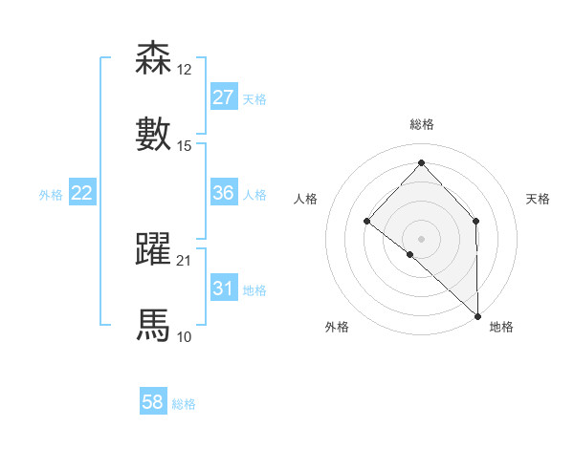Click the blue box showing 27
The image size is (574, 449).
[x=223, y=97]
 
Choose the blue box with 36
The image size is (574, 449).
[x=223, y=193]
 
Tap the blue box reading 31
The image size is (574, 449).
[x=223, y=289]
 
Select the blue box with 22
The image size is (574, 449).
[x=81, y=193]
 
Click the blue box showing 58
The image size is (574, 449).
[x=153, y=402]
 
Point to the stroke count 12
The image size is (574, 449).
[x=184, y=70]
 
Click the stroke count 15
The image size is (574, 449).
[x=184, y=145]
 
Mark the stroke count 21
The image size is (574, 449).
[x=184, y=261]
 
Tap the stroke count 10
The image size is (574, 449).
[x=184, y=336]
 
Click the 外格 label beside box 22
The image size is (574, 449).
[x=51, y=194]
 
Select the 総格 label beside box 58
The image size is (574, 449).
[x=184, y=404]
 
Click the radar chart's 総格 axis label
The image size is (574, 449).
[x=421, y=124]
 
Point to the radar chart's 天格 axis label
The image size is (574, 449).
[x=538, y=199]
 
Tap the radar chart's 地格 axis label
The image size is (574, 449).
[x=501, y=327]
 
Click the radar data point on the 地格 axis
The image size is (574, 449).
[x=477, y=315]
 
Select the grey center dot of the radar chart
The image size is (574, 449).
[x=421, y=238]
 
